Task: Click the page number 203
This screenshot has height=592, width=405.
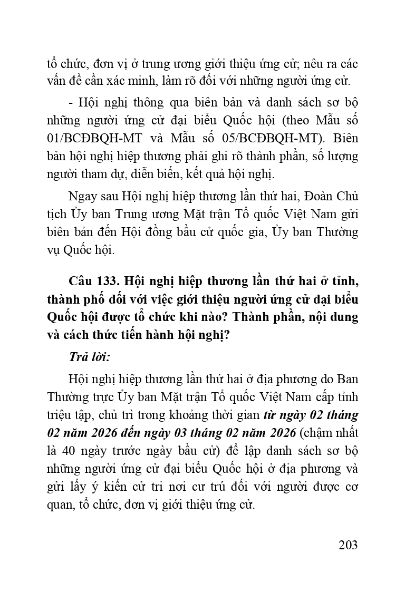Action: [348, 545]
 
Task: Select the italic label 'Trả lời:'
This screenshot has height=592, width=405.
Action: [89, 357]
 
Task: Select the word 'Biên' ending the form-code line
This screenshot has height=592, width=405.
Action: [345, 137]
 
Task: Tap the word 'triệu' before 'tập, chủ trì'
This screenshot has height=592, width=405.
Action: [60, 414]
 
